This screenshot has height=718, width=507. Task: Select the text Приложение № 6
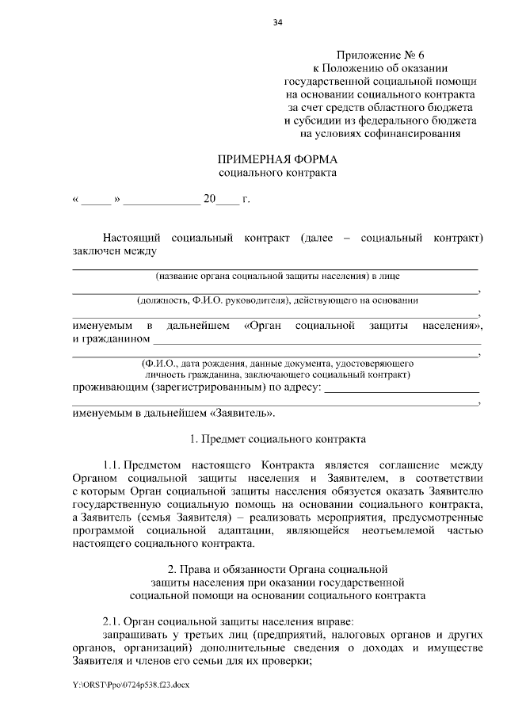380,55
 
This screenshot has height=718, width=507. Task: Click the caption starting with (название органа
277,277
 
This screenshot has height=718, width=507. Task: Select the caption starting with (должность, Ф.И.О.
277,300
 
